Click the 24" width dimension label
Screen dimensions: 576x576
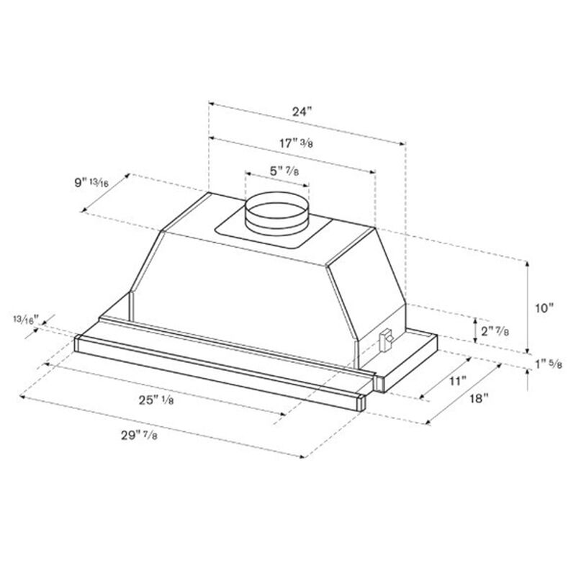point(303,112)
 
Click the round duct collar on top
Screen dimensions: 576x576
point(277,215)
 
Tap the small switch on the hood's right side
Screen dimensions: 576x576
point(385,338)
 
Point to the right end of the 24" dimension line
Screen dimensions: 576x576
point(405,143)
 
